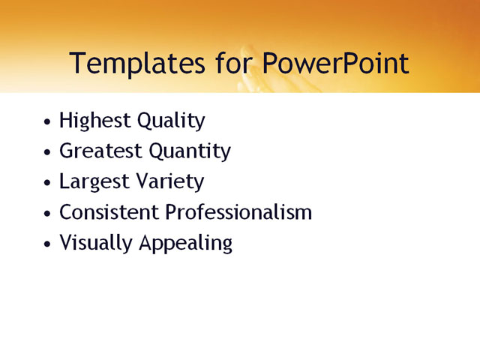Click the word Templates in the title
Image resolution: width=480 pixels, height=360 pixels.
(x=133, y=64)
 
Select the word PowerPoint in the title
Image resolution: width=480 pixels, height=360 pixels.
(x=336, y=64)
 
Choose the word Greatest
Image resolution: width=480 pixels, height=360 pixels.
(x=100, y=151)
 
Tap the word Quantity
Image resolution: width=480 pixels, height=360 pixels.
(x=190, y=151)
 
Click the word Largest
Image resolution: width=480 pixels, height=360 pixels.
(x=92, y=182)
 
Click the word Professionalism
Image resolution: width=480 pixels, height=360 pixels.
(x=238, y=212)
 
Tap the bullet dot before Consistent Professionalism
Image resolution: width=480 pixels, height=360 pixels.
(x=48, y=214)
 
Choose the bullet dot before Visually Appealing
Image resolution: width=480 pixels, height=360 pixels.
(x=48, y=244)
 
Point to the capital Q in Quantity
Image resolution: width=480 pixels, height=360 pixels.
(x=157, y=151)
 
